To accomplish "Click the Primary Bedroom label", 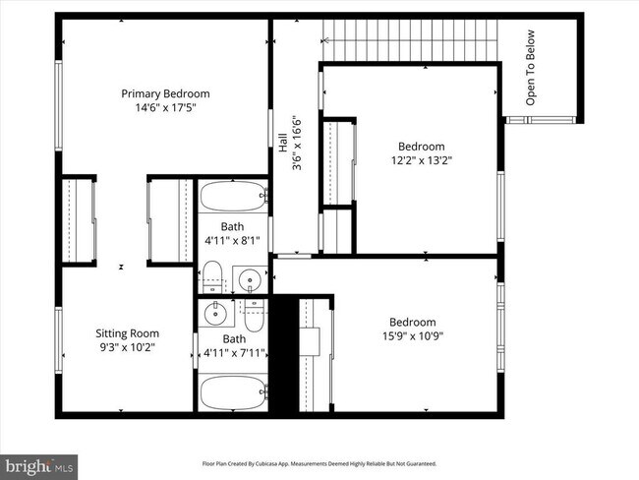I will [165, 93].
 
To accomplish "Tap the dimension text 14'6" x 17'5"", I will [165, 108].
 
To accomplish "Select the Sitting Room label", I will [127, 333].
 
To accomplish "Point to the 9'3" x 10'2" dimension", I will [127, 347].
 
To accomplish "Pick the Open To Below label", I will [531, 80].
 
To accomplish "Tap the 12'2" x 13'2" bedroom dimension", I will [421, 159].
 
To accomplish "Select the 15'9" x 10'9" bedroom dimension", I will [413, 336].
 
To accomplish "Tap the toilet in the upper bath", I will [213, 278].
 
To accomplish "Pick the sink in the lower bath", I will [213, 315].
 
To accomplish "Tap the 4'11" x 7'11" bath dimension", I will [234, 352].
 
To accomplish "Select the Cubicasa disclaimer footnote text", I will [319, 463].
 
